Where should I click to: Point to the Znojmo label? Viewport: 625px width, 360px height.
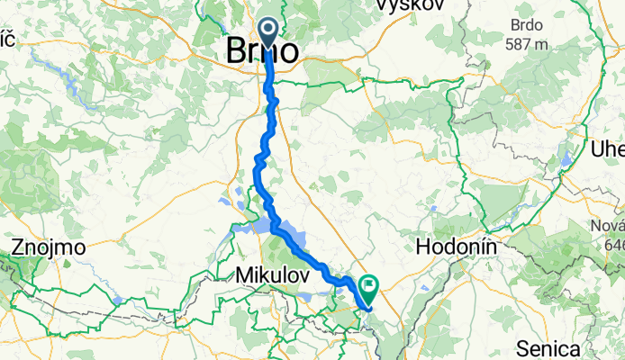[x=49, y=246]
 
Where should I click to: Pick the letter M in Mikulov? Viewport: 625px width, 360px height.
[x=244, y=274]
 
